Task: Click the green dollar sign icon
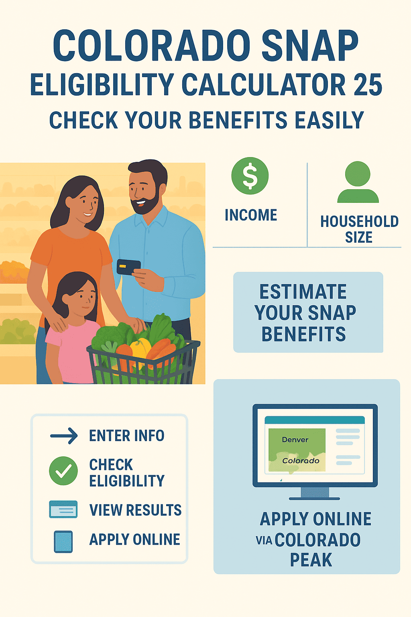pyautogui.click(x=250, y=176)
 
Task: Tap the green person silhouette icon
pyautogui.click(x=358, y=182)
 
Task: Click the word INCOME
pyautogui.click(x=251, y=215)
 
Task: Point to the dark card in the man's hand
pyautogui.click(x=128, y=267)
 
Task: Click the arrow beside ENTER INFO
pyautogui.click(x=64, y=436)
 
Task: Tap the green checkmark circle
pyautogui.click(x=63, y=471)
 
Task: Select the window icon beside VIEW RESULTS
pyautogui.click(x=63, y=510)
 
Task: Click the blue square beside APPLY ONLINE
pyautogui.click(x=63, y=542)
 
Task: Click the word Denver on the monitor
pyautogui.click(x=295, y=440)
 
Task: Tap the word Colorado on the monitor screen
pyautogui.click(x=301, y=461)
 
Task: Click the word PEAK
pyautogui.click(x=311, y=560)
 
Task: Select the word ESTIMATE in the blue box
pyautogui.click(x=303, y=292)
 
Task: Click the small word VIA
pyautogui.click(x=264, y=541)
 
